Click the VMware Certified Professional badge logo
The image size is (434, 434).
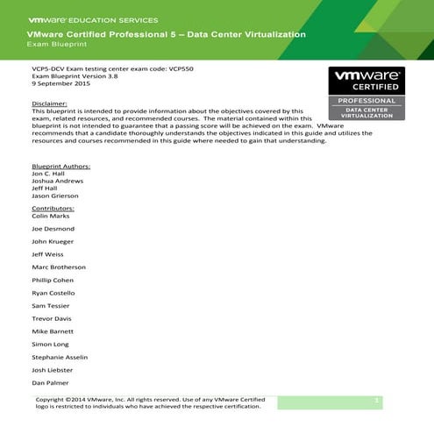click(366, 94)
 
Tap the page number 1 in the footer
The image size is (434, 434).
click(376, 400)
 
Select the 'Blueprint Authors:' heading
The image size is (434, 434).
click(60, 165)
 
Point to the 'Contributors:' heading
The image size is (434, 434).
click(53, 209)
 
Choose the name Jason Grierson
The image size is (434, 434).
click(54, 196)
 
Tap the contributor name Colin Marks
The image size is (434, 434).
click(51, 217)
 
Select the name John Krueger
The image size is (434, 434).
click(53, 240)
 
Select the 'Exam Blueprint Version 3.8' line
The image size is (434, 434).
click(74, 77)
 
